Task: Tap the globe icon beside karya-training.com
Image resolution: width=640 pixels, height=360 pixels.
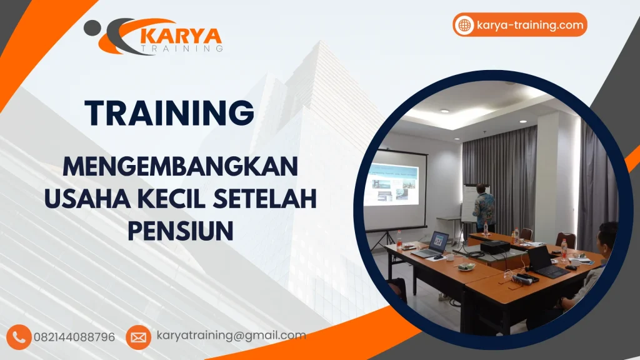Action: (x=464, y=25)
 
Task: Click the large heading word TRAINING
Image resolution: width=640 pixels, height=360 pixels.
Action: (x=170, y=113)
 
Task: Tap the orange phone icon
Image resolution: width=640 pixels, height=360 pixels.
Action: (x=19, y=337)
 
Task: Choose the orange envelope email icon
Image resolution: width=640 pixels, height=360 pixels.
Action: (x=138, y=337)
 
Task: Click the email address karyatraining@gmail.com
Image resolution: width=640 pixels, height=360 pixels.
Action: (x=231, y=336)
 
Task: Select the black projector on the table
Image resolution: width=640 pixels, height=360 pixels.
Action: (x=494, y=247)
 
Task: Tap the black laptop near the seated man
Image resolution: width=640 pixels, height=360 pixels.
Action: (x=544, y=261)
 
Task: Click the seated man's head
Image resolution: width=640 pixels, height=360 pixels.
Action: (x=606, y=235)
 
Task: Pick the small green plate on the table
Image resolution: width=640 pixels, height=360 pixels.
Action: (x=465, y=267)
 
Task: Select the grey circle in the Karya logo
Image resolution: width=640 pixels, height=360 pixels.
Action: (x=92, y=27)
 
